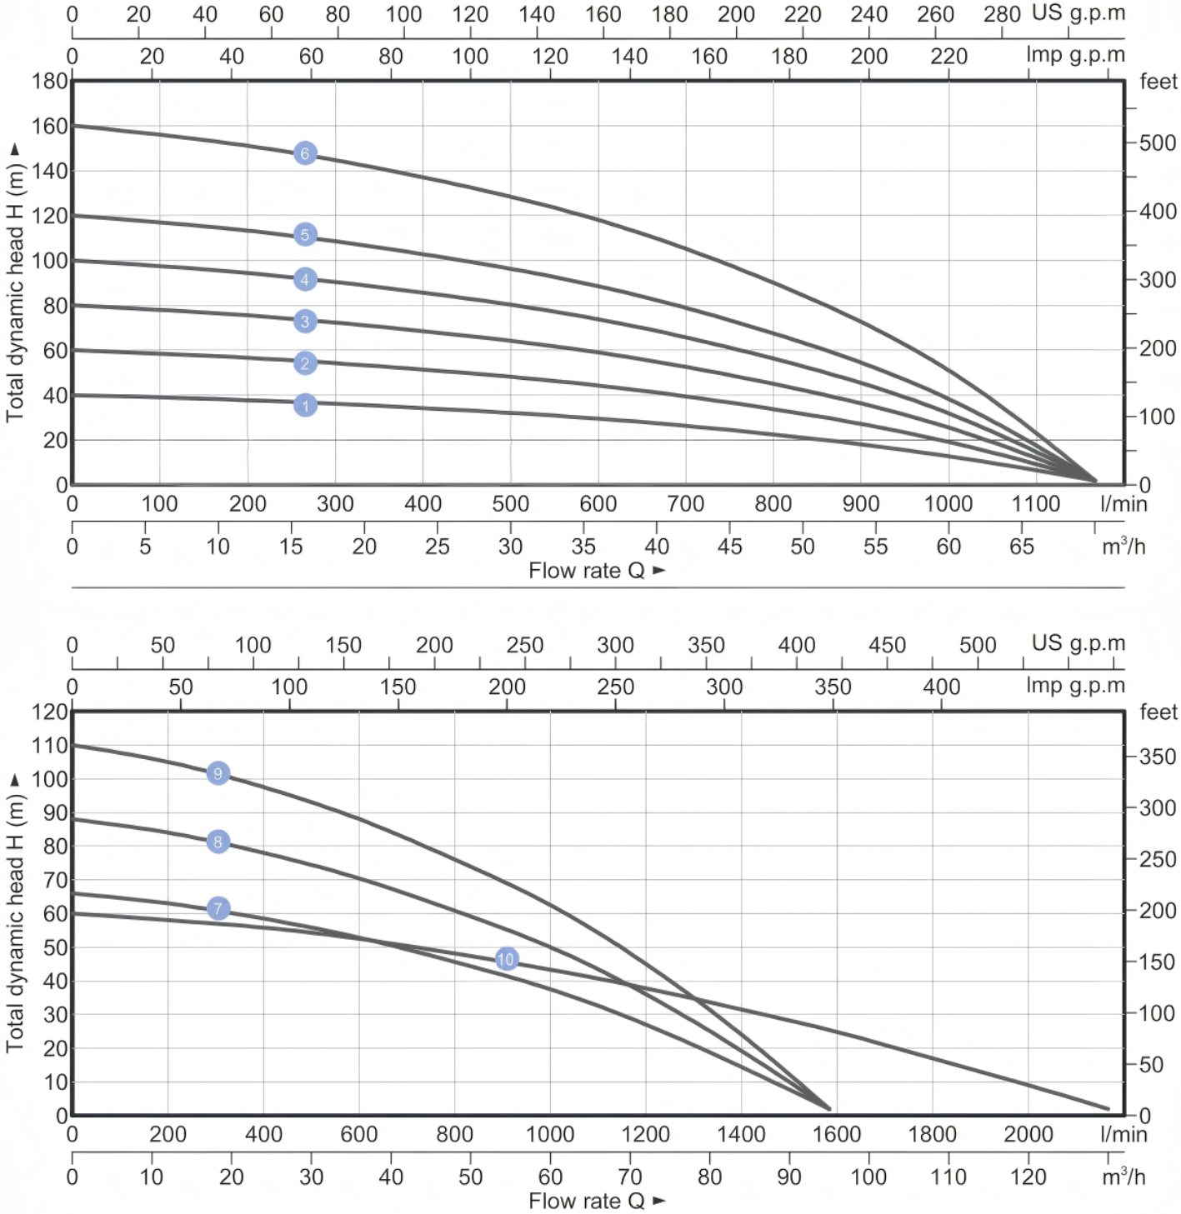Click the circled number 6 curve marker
(x=305, y=153)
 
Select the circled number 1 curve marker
(x=305, y=406)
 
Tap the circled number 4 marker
(x=305, y=280)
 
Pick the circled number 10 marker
(x=506, y=959)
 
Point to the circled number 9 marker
(x=218, y=773)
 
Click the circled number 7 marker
(x=218, y=908)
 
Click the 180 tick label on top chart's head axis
(x=49, y=82)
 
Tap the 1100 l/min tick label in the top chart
(x=1035, y=504)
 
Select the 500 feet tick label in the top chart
(x=1158, y=143)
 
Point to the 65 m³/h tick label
(x=1022, y=547)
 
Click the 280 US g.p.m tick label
(x=1002, y=14)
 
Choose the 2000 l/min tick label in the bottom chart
(x=1028, y=1135)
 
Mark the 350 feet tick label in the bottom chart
(x=1158, y=757)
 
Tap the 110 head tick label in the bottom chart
(x=49, y=746)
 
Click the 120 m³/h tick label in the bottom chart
(x=1028, y=1177)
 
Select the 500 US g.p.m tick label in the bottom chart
(x=978, y=645)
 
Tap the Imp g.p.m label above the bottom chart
(x=1075, y=686)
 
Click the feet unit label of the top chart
(x=1158, y=82)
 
